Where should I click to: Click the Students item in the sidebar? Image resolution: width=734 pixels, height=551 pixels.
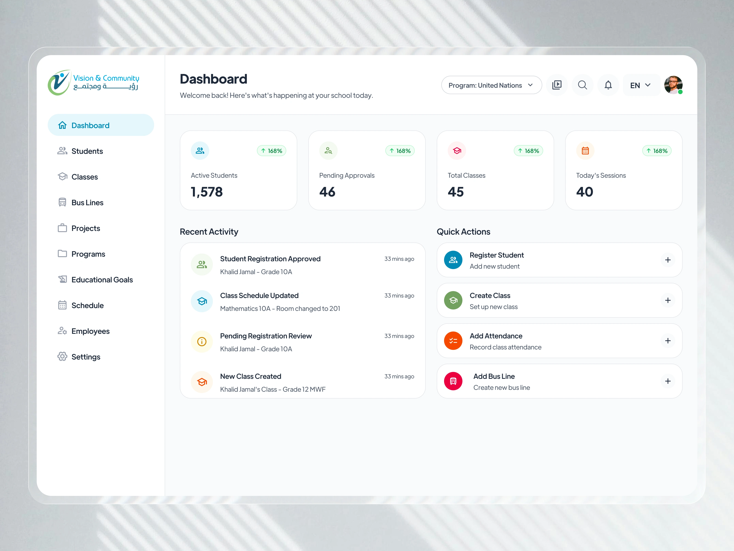coord(87,151)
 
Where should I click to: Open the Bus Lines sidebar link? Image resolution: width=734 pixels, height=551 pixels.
coord(87,202)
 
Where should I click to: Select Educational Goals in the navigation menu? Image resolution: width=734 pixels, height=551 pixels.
coord(102,280)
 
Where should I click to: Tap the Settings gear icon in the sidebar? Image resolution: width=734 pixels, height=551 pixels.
coord(62,357)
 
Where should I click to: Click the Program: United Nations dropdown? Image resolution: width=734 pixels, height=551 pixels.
coord(491,85)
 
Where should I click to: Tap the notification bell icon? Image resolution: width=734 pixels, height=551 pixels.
coord(608,85)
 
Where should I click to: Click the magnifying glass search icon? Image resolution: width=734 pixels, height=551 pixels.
coord(582,85)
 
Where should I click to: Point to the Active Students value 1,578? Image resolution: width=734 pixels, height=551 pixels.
coord(207,192)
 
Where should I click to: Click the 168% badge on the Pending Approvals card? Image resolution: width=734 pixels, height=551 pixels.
coord(400,151)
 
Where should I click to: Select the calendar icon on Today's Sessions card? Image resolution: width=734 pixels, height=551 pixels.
coord(585,151)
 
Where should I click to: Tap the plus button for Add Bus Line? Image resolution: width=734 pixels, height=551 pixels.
coord(668,381)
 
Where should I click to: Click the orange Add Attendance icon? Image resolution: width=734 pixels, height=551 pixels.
coord(453,341)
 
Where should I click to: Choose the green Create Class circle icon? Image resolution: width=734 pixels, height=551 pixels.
coord(453,300)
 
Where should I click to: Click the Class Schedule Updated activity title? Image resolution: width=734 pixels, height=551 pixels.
coord(259,296)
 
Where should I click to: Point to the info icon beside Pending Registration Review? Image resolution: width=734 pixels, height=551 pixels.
coord(202,341)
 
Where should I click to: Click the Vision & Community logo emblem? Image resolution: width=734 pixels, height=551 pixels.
coord(59,82)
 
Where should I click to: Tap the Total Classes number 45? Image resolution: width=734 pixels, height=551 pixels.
coord(456,192)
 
